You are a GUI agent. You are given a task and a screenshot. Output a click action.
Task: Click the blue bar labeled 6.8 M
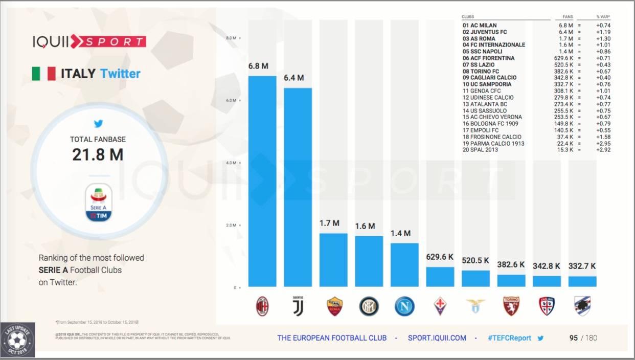pyautogui.click(x=262, y=182)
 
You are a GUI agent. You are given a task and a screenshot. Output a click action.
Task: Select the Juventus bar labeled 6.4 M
pyautogui.click(x=298, y=187)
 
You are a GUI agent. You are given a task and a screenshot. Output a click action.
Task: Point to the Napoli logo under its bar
pyautogui.click(x=404, y=306)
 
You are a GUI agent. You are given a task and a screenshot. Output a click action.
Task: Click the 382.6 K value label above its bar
pyautogui.click(x=511, y=265)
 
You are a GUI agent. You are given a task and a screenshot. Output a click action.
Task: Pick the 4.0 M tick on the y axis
pyautogui.click(x=231, y=163)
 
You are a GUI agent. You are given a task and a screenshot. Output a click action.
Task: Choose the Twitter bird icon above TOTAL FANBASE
pyautogui.click(x=98, y=124)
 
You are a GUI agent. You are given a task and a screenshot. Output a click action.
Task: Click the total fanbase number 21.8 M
pyautogui.click(x=98, y=154)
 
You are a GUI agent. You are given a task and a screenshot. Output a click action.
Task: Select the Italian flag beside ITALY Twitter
pyautogui.click(x=43, y=74)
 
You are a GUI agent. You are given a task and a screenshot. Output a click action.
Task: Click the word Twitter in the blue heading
pyautogui.click(x=120, y=74)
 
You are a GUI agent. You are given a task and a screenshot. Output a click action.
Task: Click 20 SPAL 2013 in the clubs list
pyautogui.click(x=480, y=150)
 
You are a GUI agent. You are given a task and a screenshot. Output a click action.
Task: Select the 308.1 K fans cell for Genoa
pyautogui.click(x=565, y=91)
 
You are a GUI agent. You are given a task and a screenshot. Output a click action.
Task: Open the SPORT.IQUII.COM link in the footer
pyautogui.click(x=437, y=338)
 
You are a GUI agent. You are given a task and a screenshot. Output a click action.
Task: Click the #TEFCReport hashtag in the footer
pyautogui.click(x=509, y=338)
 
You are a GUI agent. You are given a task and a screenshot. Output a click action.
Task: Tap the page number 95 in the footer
pyautogui.click(x=574, y=338)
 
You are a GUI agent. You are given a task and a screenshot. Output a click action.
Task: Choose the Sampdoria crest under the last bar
pyautogui.click(x=582, y=306)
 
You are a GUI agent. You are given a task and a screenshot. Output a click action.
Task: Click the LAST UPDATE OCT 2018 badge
pyautogui.click(x=18, y=340)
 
